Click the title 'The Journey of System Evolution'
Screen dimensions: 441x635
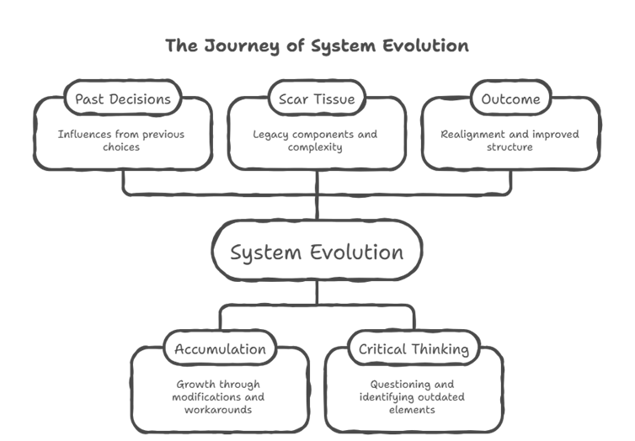pyautogui.click(x=317, y=45)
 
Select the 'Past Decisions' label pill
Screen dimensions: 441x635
pyautogui.click(x=122, y=99)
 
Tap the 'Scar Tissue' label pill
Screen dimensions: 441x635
pyautogui.click(x=317, y=99)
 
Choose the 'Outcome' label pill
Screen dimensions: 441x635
pyautogui.click(x=510, y=99)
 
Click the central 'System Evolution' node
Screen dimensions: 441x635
pyautogui.click(x=317, y=252)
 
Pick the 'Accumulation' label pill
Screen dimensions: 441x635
pyautogui.click(x=220, y=348)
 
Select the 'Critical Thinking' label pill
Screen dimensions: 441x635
pyautogui.click(x=414, y=348)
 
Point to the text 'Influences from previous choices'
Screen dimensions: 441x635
pyautogui.click(x=122, y=141)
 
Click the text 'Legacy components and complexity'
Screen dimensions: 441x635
pyautogui.click(x=317, y=141)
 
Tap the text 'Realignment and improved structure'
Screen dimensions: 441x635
pyautogui.click(x=510, y=141)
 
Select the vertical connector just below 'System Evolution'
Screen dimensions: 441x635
pyautogui.click(x=317, y=293)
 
